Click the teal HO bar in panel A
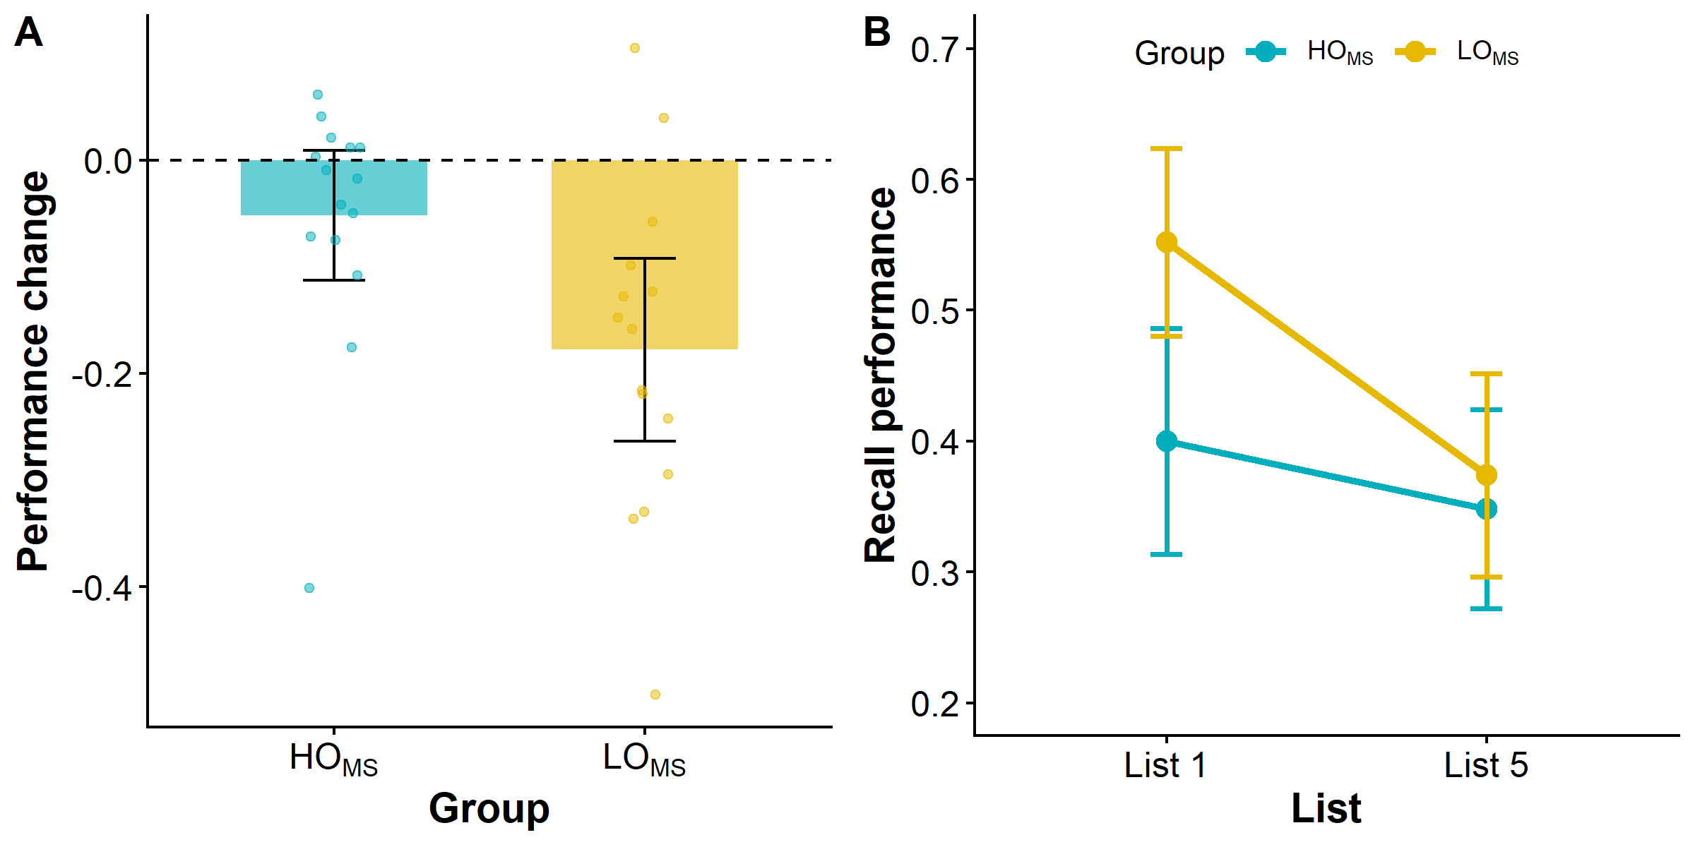(x=334, y=188)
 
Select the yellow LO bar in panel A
(x=645, y=255)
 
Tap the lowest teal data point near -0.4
(x=309, y=588)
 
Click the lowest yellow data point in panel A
(x=655, y=695)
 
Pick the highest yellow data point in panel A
(x=635, y=48)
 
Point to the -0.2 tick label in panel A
(x=102, y=374)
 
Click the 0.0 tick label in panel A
(x=109, y=162)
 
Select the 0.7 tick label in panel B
(x=936, y=50)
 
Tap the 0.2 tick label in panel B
(x=936, y=704)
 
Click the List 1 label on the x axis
(x=1165, y=765)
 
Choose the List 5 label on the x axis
(x=1486, y=765)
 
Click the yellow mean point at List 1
(x=1167, y=243)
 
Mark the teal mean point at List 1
(x=1167, y=441)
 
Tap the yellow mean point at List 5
(x=1487, y=475)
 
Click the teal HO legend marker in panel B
(x=1266, y=52)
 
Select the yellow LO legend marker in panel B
(x=1415, y=52)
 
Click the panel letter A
(x=29, y=32)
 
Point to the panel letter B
(x=877, y=32)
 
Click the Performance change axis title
(x=32, y=371)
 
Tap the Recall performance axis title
(x=881, y=375)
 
